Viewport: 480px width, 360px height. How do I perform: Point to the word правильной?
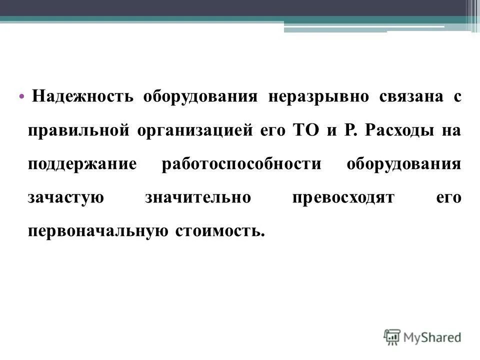[x=78, y=130]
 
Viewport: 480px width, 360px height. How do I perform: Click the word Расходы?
[x=398, y=130]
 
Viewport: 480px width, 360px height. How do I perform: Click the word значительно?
[x=197, y=198]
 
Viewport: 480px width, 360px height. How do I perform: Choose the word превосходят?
[x=342, y=198]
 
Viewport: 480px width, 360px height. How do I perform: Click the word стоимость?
[x=218, y=231]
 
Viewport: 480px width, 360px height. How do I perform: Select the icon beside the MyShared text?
[x=392, y=336]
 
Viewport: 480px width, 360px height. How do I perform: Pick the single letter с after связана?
[x=457, y=97]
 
